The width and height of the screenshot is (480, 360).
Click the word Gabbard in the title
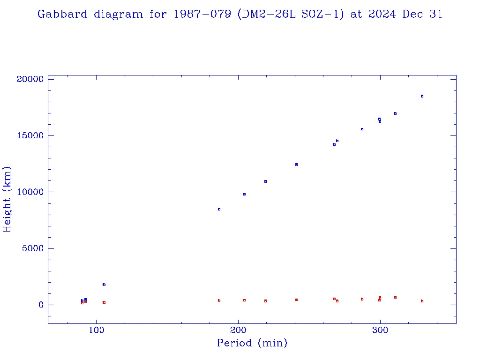pos(62,14)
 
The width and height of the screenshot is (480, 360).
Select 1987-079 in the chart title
pos(202,14)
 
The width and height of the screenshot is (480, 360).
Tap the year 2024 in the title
pos(382,14)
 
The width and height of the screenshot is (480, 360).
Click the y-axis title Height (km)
pos(7,199)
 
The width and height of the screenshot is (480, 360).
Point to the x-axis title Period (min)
pos(252,343)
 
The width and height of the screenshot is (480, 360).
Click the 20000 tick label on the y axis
pos(30,79)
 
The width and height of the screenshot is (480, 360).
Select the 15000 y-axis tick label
pos(30,135)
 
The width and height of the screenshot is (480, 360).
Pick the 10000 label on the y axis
pos(30,192)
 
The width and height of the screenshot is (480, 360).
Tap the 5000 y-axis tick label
pos(33,248)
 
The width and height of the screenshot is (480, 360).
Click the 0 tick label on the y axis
pos(41,305)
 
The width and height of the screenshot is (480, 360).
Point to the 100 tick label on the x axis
pos(97,330)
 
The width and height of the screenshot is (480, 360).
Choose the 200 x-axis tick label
pos(238,330)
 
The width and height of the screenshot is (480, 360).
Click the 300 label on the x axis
pos(380,330)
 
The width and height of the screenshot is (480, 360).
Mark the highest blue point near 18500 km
pos(422,96)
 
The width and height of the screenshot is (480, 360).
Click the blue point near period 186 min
pos(219,210)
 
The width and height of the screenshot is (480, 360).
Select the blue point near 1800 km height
pos(104,285)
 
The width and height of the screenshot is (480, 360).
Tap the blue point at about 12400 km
pos(296,165)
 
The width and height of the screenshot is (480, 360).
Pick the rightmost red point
pos(422,301)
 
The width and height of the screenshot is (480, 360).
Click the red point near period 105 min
pos(104,302)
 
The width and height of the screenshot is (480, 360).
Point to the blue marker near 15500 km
pos(362,129)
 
